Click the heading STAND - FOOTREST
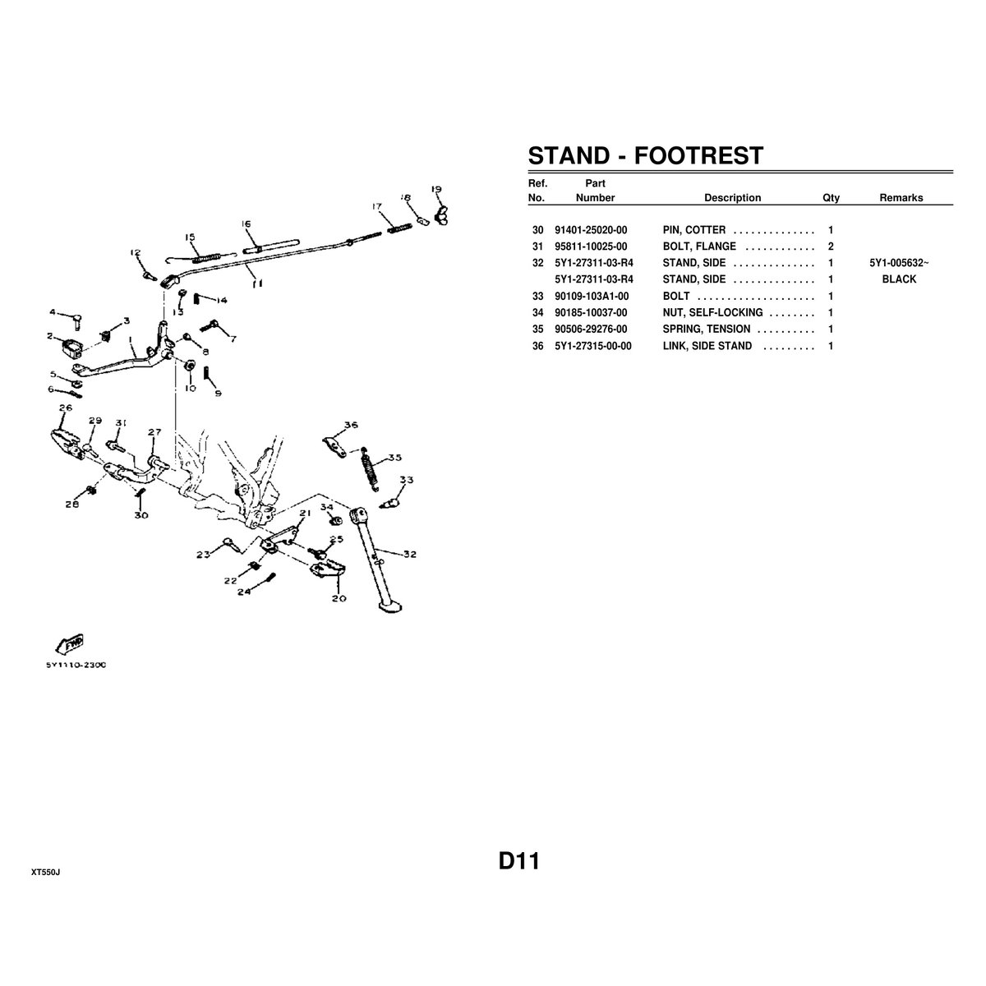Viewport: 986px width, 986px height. tap(645, 155)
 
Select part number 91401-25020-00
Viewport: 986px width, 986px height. tap(591, 230)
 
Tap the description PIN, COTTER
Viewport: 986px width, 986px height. tap(693, 230)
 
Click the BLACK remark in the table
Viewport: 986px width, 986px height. tap(899, 279)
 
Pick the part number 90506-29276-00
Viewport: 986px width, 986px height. tap(591, 329)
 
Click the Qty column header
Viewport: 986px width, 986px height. tap(831, 198)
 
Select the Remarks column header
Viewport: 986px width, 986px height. tap(901, 198)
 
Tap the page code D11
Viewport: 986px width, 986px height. tap(518, 862)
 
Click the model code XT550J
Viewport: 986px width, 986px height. tap(45, 872)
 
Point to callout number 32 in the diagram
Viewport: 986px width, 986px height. tap(409, 554)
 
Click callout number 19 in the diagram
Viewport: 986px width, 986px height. tap(436, 189)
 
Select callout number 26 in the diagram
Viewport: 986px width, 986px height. tap(65, 408)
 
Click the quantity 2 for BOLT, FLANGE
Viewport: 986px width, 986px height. tap(831, 246)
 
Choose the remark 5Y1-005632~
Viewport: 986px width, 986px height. tap(899, 263)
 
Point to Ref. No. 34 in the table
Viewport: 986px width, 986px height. tap(538, 313)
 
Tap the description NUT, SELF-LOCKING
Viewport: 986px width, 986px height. tap(712, 313)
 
